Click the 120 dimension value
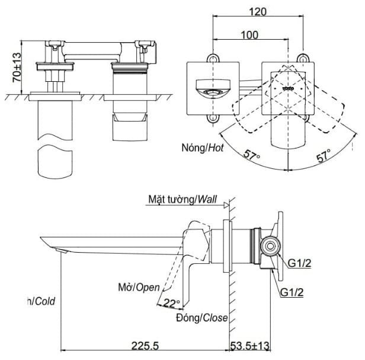click(257, 11)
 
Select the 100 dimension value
click(249, 35)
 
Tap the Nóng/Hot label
click(203, 149)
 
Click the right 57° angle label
click(324, 158)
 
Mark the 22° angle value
click(171, 303)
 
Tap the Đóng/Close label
click(201, 318)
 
